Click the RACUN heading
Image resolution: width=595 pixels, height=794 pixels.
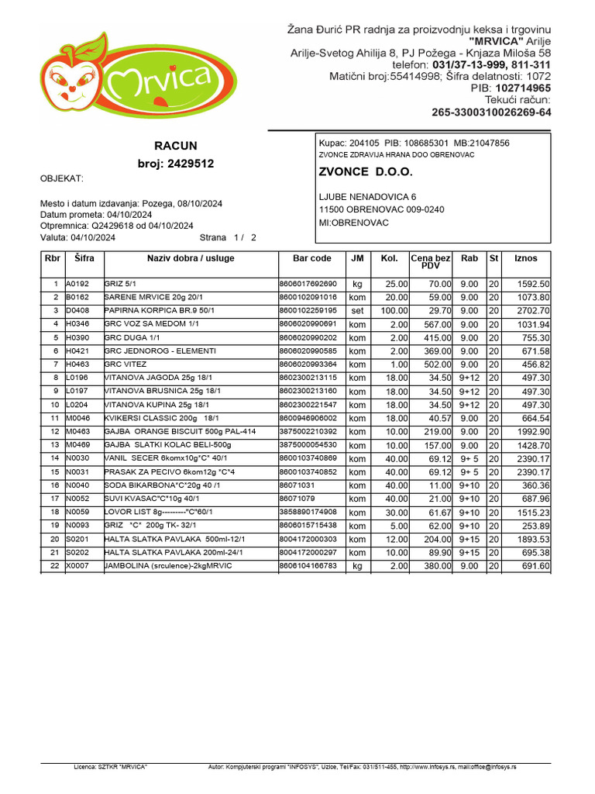coord(176,146)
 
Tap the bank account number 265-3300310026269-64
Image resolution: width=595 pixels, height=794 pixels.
coord(491,112)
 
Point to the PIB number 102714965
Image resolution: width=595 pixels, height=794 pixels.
coord(523,88)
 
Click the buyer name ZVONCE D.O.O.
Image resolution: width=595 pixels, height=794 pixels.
coord(366,172)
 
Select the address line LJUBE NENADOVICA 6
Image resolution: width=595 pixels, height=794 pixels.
coord(367,197)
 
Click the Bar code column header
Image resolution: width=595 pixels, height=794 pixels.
coord(311,258)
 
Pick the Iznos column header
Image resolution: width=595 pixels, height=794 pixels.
coord(525,258)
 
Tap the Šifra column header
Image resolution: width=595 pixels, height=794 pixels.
coord(83,258)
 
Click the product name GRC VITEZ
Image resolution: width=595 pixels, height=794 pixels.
coord(126,364)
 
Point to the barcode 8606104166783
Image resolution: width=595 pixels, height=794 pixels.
coord(308,566)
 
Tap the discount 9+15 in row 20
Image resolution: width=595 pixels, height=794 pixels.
coord(469,539)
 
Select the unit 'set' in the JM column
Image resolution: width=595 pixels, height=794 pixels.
coord(356,310)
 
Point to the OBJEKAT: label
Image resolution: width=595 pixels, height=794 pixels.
coord(61,179)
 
